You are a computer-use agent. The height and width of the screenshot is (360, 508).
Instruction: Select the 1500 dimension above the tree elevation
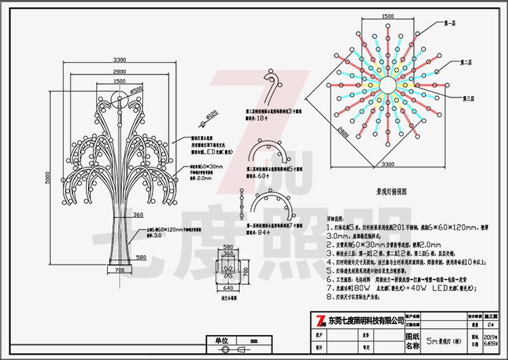(119, 81)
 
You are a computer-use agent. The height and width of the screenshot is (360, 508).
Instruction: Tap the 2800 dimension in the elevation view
(119, 71)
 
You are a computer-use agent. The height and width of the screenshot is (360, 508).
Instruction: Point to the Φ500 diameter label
(136, 89)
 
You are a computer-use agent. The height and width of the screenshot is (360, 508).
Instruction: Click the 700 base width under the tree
(119, 270)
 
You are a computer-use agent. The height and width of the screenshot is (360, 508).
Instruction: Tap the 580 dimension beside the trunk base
(140, 258)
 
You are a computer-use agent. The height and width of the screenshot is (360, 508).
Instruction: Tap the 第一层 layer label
(449, 23)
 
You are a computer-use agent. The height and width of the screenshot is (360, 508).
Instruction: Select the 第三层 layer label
(465, 99)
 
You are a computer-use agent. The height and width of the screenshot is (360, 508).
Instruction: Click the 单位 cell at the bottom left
(218, 340)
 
